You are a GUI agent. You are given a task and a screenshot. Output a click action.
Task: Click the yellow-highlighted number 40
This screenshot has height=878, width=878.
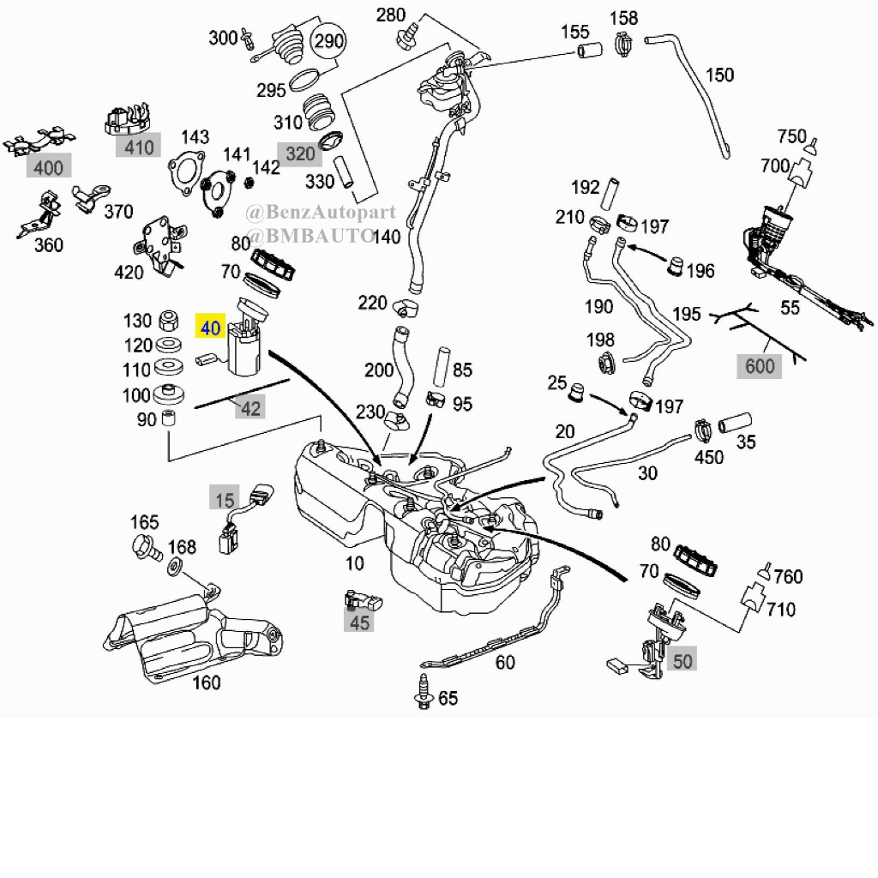pyautogui.click(x=210, y=328)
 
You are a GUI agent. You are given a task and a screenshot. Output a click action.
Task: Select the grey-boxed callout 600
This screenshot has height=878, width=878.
pyautogui.click(x=760, y=366)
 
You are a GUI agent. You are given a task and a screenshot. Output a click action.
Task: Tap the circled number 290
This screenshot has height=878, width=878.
pyautogui.click(x=328, y=41)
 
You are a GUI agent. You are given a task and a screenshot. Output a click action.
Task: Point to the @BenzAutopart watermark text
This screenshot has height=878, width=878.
pyautogui.click(x=321, y=213)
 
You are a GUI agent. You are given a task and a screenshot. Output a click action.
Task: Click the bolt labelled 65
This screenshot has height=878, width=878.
pyautogui.click(x=424, y=692)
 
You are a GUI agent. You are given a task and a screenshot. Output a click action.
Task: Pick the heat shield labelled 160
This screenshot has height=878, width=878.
pyautogui.click(x=193, y=634)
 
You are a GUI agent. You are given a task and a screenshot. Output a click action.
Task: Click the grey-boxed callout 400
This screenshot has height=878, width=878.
pyautogui.click(x=49, y=167)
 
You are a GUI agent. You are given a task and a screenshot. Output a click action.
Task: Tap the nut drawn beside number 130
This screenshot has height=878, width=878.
pyautogui.click(x=169, y=321)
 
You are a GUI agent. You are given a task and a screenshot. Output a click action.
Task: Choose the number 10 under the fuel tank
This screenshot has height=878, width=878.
pyautogui.click(x=354, y=562)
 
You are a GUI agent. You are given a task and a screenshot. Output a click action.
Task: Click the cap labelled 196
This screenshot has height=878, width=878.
pyautogui.click(x=676, y=266)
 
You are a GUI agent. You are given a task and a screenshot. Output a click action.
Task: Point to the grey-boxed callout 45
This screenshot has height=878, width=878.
pyautogui.click(x=359, y=622)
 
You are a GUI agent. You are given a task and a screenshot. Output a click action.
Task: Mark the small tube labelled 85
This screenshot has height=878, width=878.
pyautogui.click(x=442, y=367)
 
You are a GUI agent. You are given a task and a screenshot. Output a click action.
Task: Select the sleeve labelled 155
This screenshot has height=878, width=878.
pyautogui.click(x=590, y=51)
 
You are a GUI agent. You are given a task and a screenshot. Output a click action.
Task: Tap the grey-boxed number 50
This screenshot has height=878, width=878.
pyautogui.click(x=682, y=661)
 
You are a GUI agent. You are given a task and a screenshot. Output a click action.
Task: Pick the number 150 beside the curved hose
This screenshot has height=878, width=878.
pyautogui.click(x=719, y=75)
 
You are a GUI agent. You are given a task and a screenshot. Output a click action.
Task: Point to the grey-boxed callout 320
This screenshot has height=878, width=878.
pyautogui.click(x=300, y=154)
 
